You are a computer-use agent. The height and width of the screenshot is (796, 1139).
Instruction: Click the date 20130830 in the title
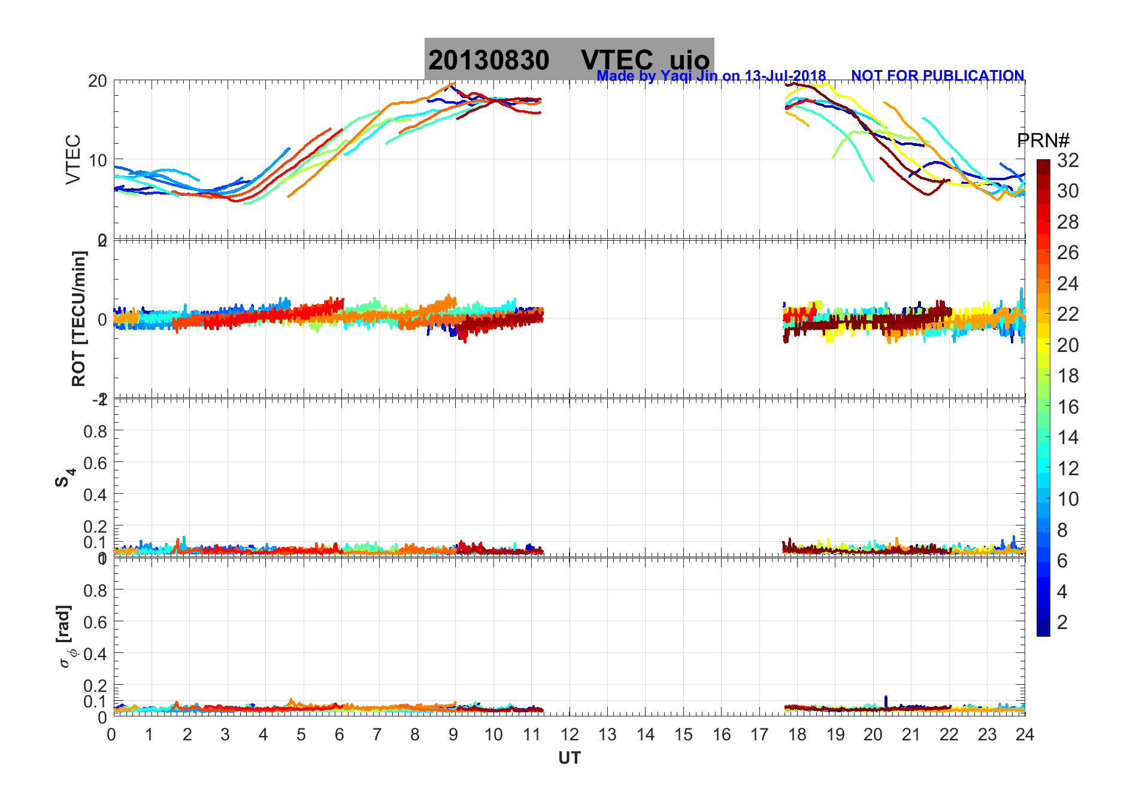[x=489, y=60]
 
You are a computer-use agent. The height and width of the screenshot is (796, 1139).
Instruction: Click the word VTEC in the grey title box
[x=617, y=60]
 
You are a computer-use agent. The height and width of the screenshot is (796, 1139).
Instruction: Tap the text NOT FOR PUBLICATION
[x=937, y=76]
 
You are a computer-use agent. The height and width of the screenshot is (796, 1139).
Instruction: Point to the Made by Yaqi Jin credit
[x=711, y=76]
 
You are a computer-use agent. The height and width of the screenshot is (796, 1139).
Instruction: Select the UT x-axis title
[x=569, y=758]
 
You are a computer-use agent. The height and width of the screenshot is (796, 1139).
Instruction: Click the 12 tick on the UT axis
[x=569, y=735]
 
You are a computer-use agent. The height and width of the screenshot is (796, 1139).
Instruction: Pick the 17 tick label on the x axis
[x=759, y=735]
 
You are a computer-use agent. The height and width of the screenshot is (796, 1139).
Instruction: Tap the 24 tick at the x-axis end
[x=1025, y=735]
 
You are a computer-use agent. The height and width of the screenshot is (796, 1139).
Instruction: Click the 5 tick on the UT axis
[x=301, y=735]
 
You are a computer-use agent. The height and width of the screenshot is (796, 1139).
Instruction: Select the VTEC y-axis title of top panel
[x=73, y=159]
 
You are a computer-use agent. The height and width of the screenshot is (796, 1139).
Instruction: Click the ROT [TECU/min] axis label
[x=78, y=318]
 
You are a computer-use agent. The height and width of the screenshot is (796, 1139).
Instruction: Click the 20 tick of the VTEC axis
[x=98, y=81]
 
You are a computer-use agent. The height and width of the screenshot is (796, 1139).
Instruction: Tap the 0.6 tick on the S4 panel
[x=96, y=463]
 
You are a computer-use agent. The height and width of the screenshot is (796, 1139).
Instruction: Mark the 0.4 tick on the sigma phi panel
[x=96, y=654]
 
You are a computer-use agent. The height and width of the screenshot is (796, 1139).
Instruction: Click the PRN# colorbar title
[x=1043, y=141]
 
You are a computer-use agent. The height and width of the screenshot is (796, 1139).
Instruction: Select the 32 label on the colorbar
[x=1068, y=160]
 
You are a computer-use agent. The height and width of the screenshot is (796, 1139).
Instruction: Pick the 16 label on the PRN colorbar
[x=1068, y=407]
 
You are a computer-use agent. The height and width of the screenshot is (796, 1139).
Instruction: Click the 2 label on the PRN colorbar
[x=1062, y=622]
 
